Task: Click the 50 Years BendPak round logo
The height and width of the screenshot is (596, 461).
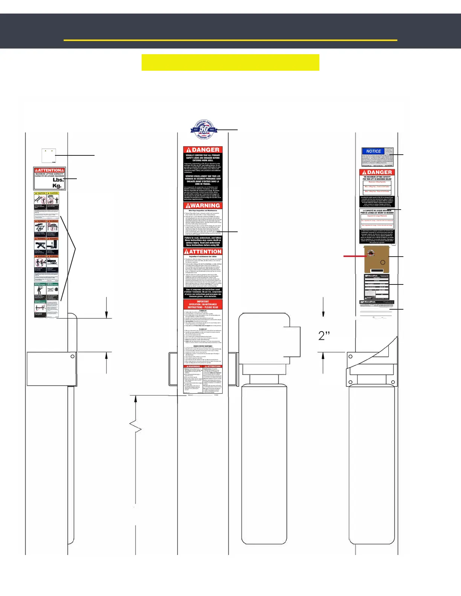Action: [203, 130]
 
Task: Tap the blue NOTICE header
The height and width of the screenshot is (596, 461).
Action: [373, 151]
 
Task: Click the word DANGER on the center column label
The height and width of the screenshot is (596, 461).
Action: [206, 150]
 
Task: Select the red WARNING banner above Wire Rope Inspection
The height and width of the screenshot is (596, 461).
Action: [203, 205]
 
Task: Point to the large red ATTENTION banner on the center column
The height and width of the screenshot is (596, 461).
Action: [203, 251]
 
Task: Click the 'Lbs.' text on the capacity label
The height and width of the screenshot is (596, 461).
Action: [58, 180]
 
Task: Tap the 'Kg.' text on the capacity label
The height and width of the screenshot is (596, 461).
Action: [57, 186]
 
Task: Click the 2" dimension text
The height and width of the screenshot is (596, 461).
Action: [324, 336]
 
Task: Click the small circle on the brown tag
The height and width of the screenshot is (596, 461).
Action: [383, 262]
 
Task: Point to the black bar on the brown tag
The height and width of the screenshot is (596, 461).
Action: [377, 271]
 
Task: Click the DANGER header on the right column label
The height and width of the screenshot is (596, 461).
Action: [377, 172]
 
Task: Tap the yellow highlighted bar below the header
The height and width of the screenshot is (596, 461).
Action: [230, 62]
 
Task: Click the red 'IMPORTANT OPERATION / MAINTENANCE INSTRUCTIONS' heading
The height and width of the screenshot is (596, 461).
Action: [203, 304]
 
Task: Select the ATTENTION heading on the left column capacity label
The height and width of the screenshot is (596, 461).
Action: [50, 170]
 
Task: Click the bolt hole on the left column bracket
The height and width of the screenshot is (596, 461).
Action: [73, 356]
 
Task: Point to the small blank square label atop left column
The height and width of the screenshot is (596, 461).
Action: [49, 155]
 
